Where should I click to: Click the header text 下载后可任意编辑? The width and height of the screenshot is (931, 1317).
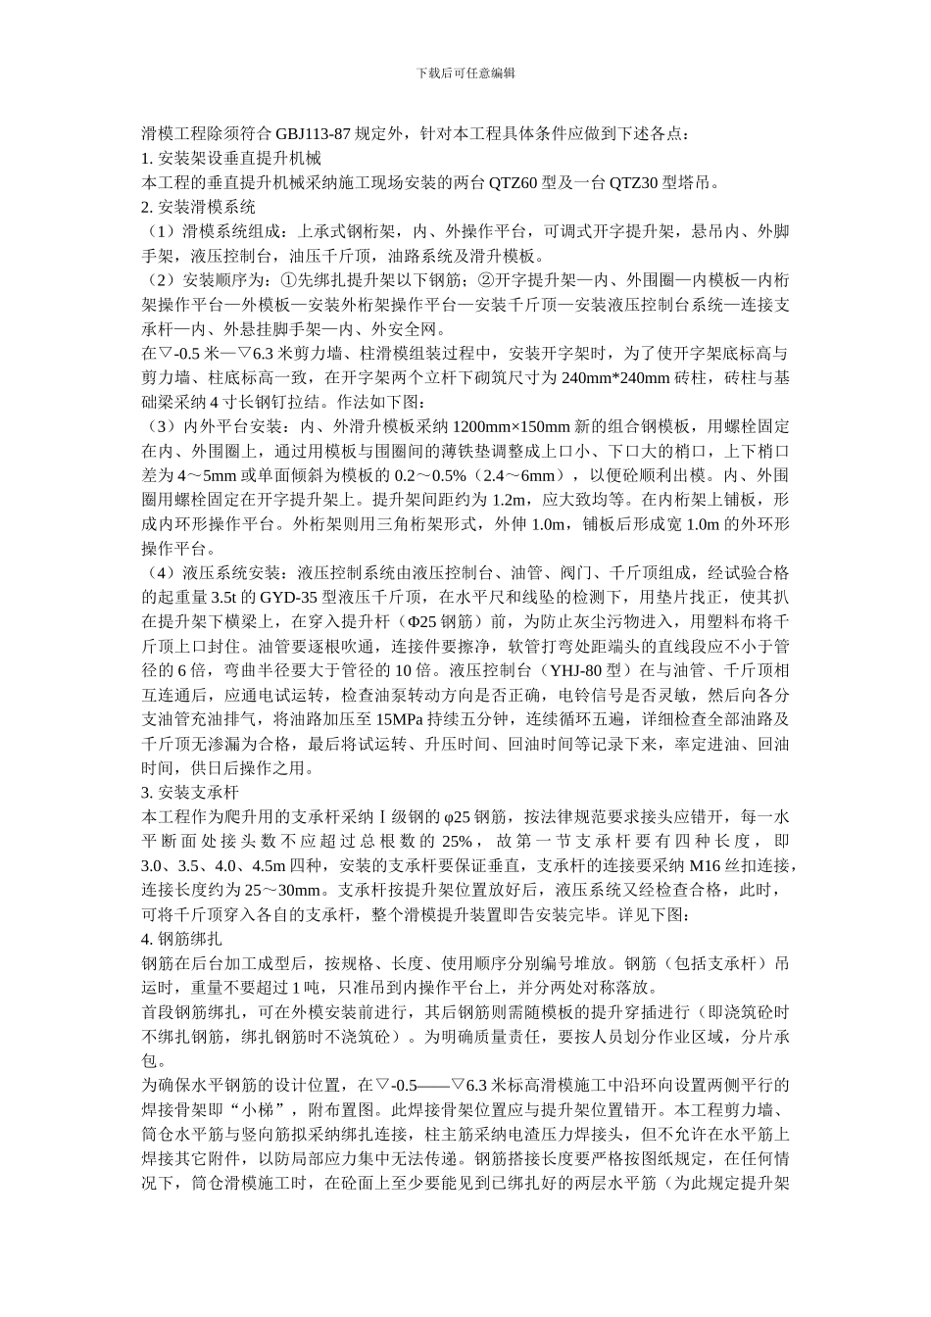[x=465, y=73]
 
